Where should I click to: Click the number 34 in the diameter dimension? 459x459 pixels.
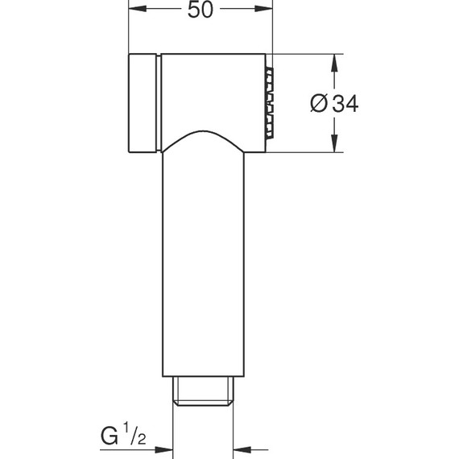[x=343, y=104]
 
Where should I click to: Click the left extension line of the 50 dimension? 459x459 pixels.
[x=129, y=32]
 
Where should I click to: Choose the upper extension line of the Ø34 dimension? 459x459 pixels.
[x=306, y=54]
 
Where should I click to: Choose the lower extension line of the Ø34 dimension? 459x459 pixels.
[x=306, y=153]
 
